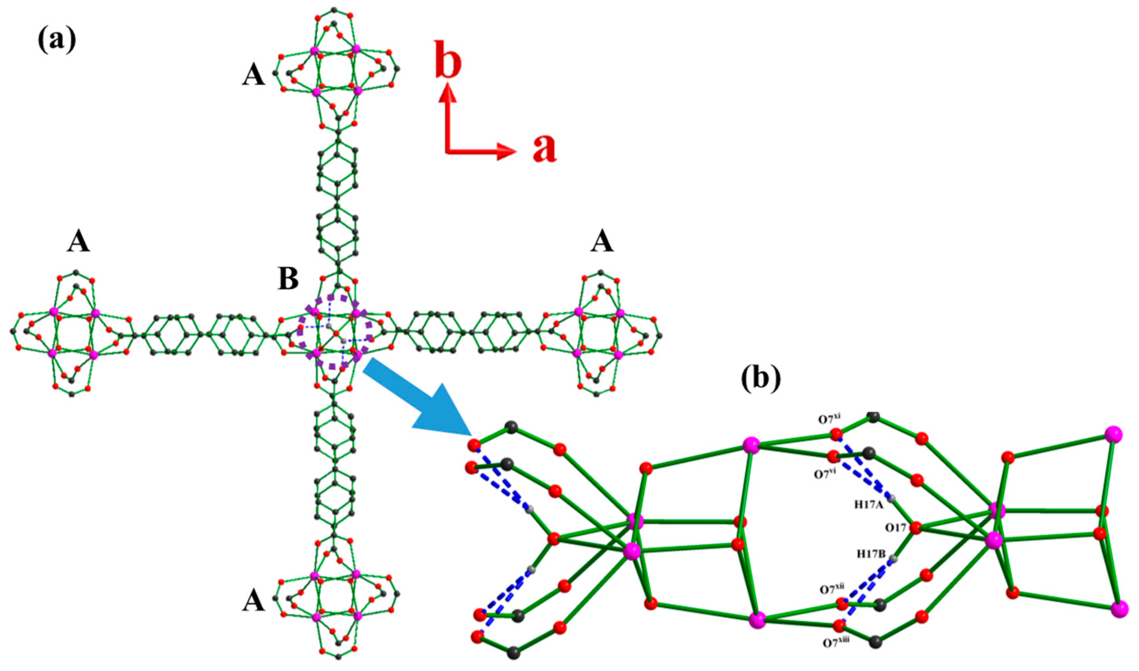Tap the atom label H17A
[x=868, y=505]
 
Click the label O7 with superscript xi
[x=829, y=419]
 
